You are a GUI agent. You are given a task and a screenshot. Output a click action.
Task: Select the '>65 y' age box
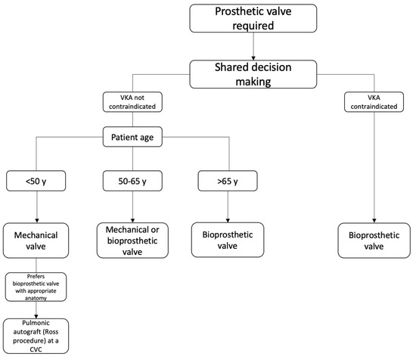(x=225, y=182)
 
